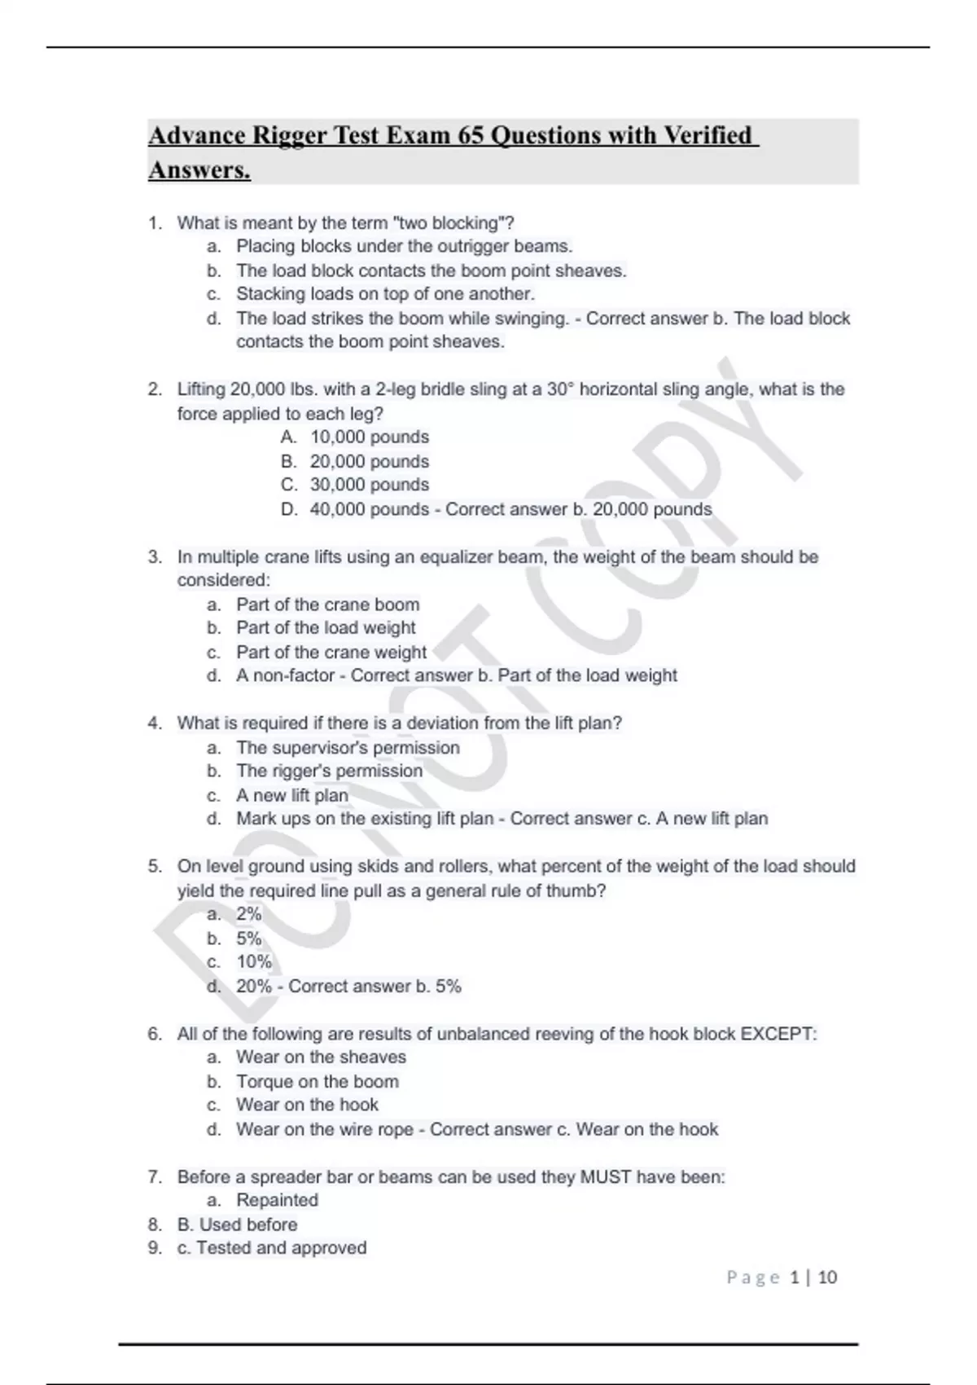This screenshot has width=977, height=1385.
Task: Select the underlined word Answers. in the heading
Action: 199,171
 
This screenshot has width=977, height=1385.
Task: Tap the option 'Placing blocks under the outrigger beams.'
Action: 404,246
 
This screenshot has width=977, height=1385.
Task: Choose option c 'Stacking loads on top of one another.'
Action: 385,294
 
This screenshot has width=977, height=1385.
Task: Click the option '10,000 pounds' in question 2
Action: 370,437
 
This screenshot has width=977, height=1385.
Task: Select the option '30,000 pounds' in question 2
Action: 370,485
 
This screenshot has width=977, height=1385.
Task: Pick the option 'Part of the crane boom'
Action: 328,605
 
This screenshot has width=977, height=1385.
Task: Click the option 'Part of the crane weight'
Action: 331,653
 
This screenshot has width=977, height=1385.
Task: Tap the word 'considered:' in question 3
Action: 223,580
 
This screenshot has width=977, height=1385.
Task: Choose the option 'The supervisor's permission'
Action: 348,748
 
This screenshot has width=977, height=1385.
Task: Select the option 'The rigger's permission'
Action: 329,771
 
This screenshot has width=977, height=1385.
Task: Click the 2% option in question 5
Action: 249,914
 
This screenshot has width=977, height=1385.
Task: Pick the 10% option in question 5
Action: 254,962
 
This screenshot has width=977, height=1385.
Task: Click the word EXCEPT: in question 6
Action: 778,1034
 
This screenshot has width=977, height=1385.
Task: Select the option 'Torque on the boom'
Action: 318,1082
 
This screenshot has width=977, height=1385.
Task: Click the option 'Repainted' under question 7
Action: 277,1200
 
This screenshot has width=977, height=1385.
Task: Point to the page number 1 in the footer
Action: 795,1277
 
